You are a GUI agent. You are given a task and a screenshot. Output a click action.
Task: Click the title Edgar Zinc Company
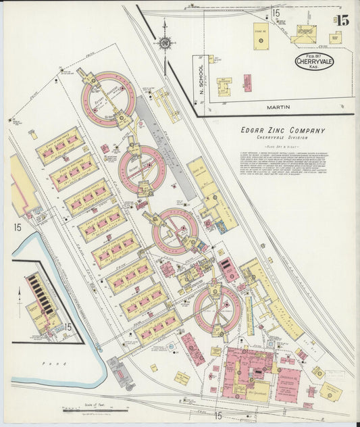coord(282,130)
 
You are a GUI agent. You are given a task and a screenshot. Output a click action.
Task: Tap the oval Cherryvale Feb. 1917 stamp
coord(314,62)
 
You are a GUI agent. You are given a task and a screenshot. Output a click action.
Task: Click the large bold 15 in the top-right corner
coord(343,20)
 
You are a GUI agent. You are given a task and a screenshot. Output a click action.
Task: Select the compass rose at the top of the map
coord(164,43)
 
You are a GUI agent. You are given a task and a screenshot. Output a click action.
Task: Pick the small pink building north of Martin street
coord(247,82)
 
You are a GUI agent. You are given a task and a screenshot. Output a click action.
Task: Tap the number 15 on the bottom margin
coord(218,416)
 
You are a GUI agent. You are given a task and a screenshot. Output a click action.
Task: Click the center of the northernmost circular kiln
coord(109,99)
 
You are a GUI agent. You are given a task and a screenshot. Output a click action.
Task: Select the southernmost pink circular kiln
coord(217,310)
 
